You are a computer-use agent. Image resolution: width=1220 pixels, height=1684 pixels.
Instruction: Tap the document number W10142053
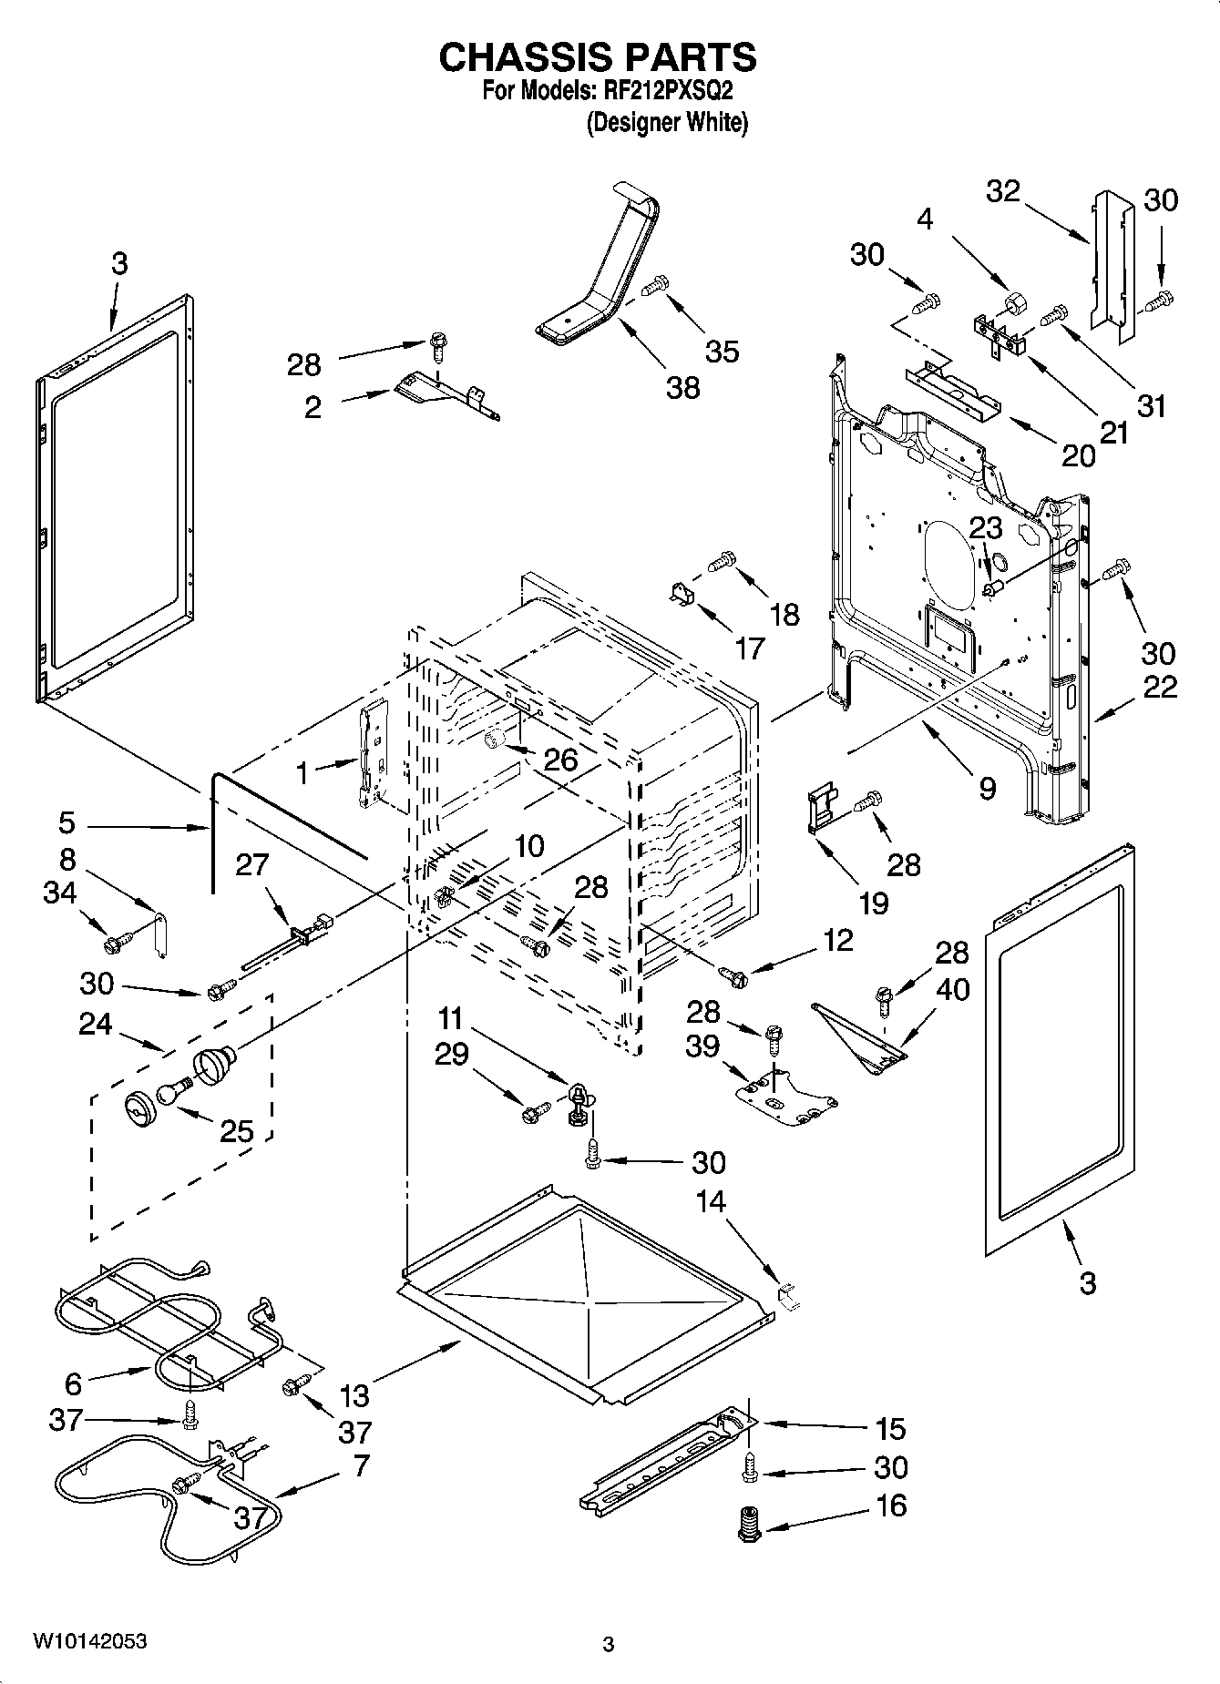coord(89,1641)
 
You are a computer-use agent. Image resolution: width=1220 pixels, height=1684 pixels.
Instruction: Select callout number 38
coord(682,387)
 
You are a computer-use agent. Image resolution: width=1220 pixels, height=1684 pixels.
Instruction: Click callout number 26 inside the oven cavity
coord(560,760)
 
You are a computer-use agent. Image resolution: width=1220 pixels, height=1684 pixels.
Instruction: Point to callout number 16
coord(891,1505)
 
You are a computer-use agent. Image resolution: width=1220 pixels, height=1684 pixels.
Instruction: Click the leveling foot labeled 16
coord(749,1522)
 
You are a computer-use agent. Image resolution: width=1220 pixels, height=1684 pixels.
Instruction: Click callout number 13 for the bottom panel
coord(355,1394)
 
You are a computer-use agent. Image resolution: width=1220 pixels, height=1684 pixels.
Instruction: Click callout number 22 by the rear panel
coord(1160,687)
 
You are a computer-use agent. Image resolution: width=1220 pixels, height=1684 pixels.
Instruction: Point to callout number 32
coord(1003,191)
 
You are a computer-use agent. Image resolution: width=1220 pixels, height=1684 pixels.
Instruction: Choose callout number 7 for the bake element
coord(361,1465)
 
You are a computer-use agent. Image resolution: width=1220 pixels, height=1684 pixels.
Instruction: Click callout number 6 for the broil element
coord(74,1384)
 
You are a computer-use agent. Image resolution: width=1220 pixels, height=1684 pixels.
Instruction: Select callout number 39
coord(703,1046)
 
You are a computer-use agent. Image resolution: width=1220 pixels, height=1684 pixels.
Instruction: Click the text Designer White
coord(667,122)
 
